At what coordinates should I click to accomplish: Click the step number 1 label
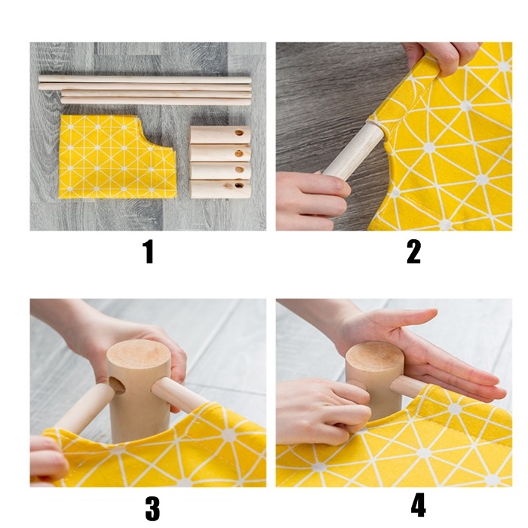pos(148,251)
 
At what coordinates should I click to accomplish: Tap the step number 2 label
pos(413,251)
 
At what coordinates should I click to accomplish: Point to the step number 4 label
pos(418,505)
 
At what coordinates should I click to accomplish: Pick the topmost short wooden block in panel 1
pos(220,135)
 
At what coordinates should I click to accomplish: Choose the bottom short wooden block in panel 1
pos(220,189)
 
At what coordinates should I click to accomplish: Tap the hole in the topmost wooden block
pos(239,133)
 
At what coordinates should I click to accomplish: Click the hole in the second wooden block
pos(239,154)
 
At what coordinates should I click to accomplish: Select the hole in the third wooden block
pos(239,170)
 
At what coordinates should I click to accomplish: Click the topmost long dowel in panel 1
pos(145,80)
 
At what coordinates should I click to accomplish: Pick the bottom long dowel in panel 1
pos(155,100)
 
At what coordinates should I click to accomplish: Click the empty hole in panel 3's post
pos(117,385)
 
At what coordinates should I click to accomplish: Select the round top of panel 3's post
pos(138,355)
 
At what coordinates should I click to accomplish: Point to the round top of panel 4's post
pos(374,356)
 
